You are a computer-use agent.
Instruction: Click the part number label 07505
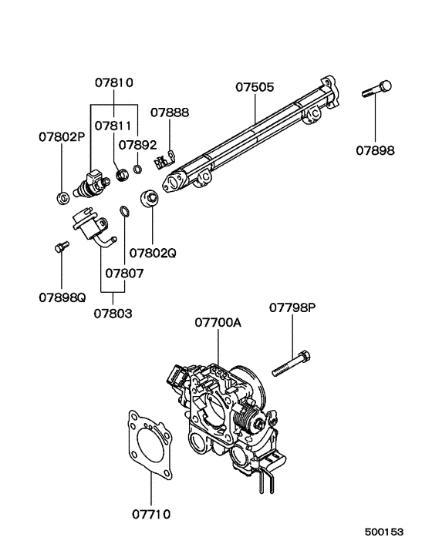click(x=254, y=88)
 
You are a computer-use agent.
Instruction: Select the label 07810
click(x=114, y=82)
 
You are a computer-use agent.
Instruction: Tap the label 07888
click(x=169, y=112)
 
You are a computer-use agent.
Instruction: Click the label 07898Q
click(x=62, y=296)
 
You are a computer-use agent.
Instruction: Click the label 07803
click(x=113, y=313)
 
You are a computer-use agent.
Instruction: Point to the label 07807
click(x=124, y=273)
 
